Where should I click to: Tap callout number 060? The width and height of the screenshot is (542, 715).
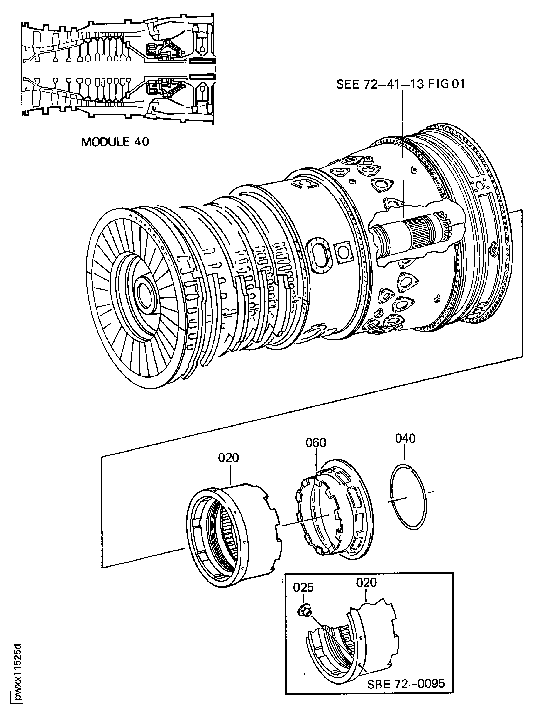click(x=316, y=442)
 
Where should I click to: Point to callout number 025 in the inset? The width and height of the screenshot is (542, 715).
click(x=303, y=587)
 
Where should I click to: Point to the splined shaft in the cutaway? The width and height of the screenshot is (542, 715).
click(x=420, y=233)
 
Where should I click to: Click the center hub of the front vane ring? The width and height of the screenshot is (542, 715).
click(x=143, y=291)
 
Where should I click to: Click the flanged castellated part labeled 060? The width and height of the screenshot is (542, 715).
click(x=336, y=514)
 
